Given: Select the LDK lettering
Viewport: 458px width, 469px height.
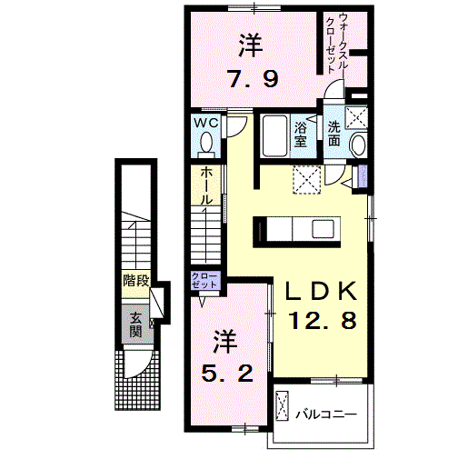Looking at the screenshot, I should pyautogui.click(x=321, y=292).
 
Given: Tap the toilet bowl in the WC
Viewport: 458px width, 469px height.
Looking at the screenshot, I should pyautogui.click(x=205, y=143).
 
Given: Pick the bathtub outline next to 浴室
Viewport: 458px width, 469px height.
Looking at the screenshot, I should pyautogui.click(x=274, y=138).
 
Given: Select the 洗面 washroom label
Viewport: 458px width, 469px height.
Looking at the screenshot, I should pyautogui.click(x=334, y=135).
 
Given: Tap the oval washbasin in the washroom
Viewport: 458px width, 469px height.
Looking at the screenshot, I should pyautogui.click(x=356, y=145).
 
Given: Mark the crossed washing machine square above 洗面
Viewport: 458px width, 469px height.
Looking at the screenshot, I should pyautogui.click(x=356, y=116).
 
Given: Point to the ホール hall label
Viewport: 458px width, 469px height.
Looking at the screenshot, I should pyautogui.click(x=206, y=185).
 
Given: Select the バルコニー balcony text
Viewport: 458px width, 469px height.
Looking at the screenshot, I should pyautogui.click(x=324, y=414).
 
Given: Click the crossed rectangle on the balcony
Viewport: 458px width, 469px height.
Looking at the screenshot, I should pyautogui.click(x=282, y=406).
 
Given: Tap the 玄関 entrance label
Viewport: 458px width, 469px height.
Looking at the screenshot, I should pyautogui.click(x=134, y=324).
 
